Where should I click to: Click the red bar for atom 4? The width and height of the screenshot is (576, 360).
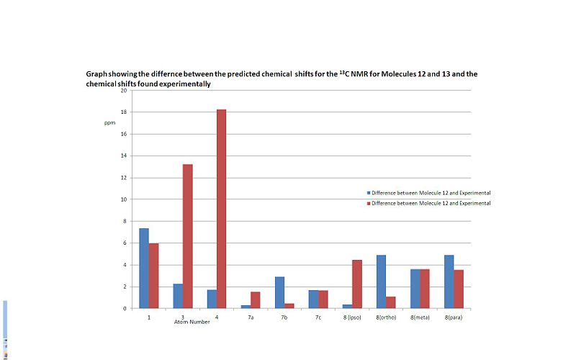click(221, 209)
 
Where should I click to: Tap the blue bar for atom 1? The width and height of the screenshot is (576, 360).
click(144, 268)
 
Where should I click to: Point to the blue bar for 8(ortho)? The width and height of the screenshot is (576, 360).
click(381, 282)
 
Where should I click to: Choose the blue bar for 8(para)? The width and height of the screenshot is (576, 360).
click(449, 282)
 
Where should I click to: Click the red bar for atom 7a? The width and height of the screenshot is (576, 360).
click(255, 300)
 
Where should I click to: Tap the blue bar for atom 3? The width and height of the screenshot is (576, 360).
click(178, 296)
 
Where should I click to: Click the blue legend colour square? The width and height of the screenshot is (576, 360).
click(369, 193)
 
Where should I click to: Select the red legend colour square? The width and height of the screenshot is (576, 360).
click(369, 203)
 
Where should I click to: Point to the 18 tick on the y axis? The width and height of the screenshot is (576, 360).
click(124, 112)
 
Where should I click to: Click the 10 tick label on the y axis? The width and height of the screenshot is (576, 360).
click(124, 199)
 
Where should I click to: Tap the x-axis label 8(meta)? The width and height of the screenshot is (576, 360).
click(420, 316)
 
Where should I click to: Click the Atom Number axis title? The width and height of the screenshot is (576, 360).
click(192, 322)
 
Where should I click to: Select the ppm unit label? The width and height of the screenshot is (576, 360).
click(109, 123)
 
